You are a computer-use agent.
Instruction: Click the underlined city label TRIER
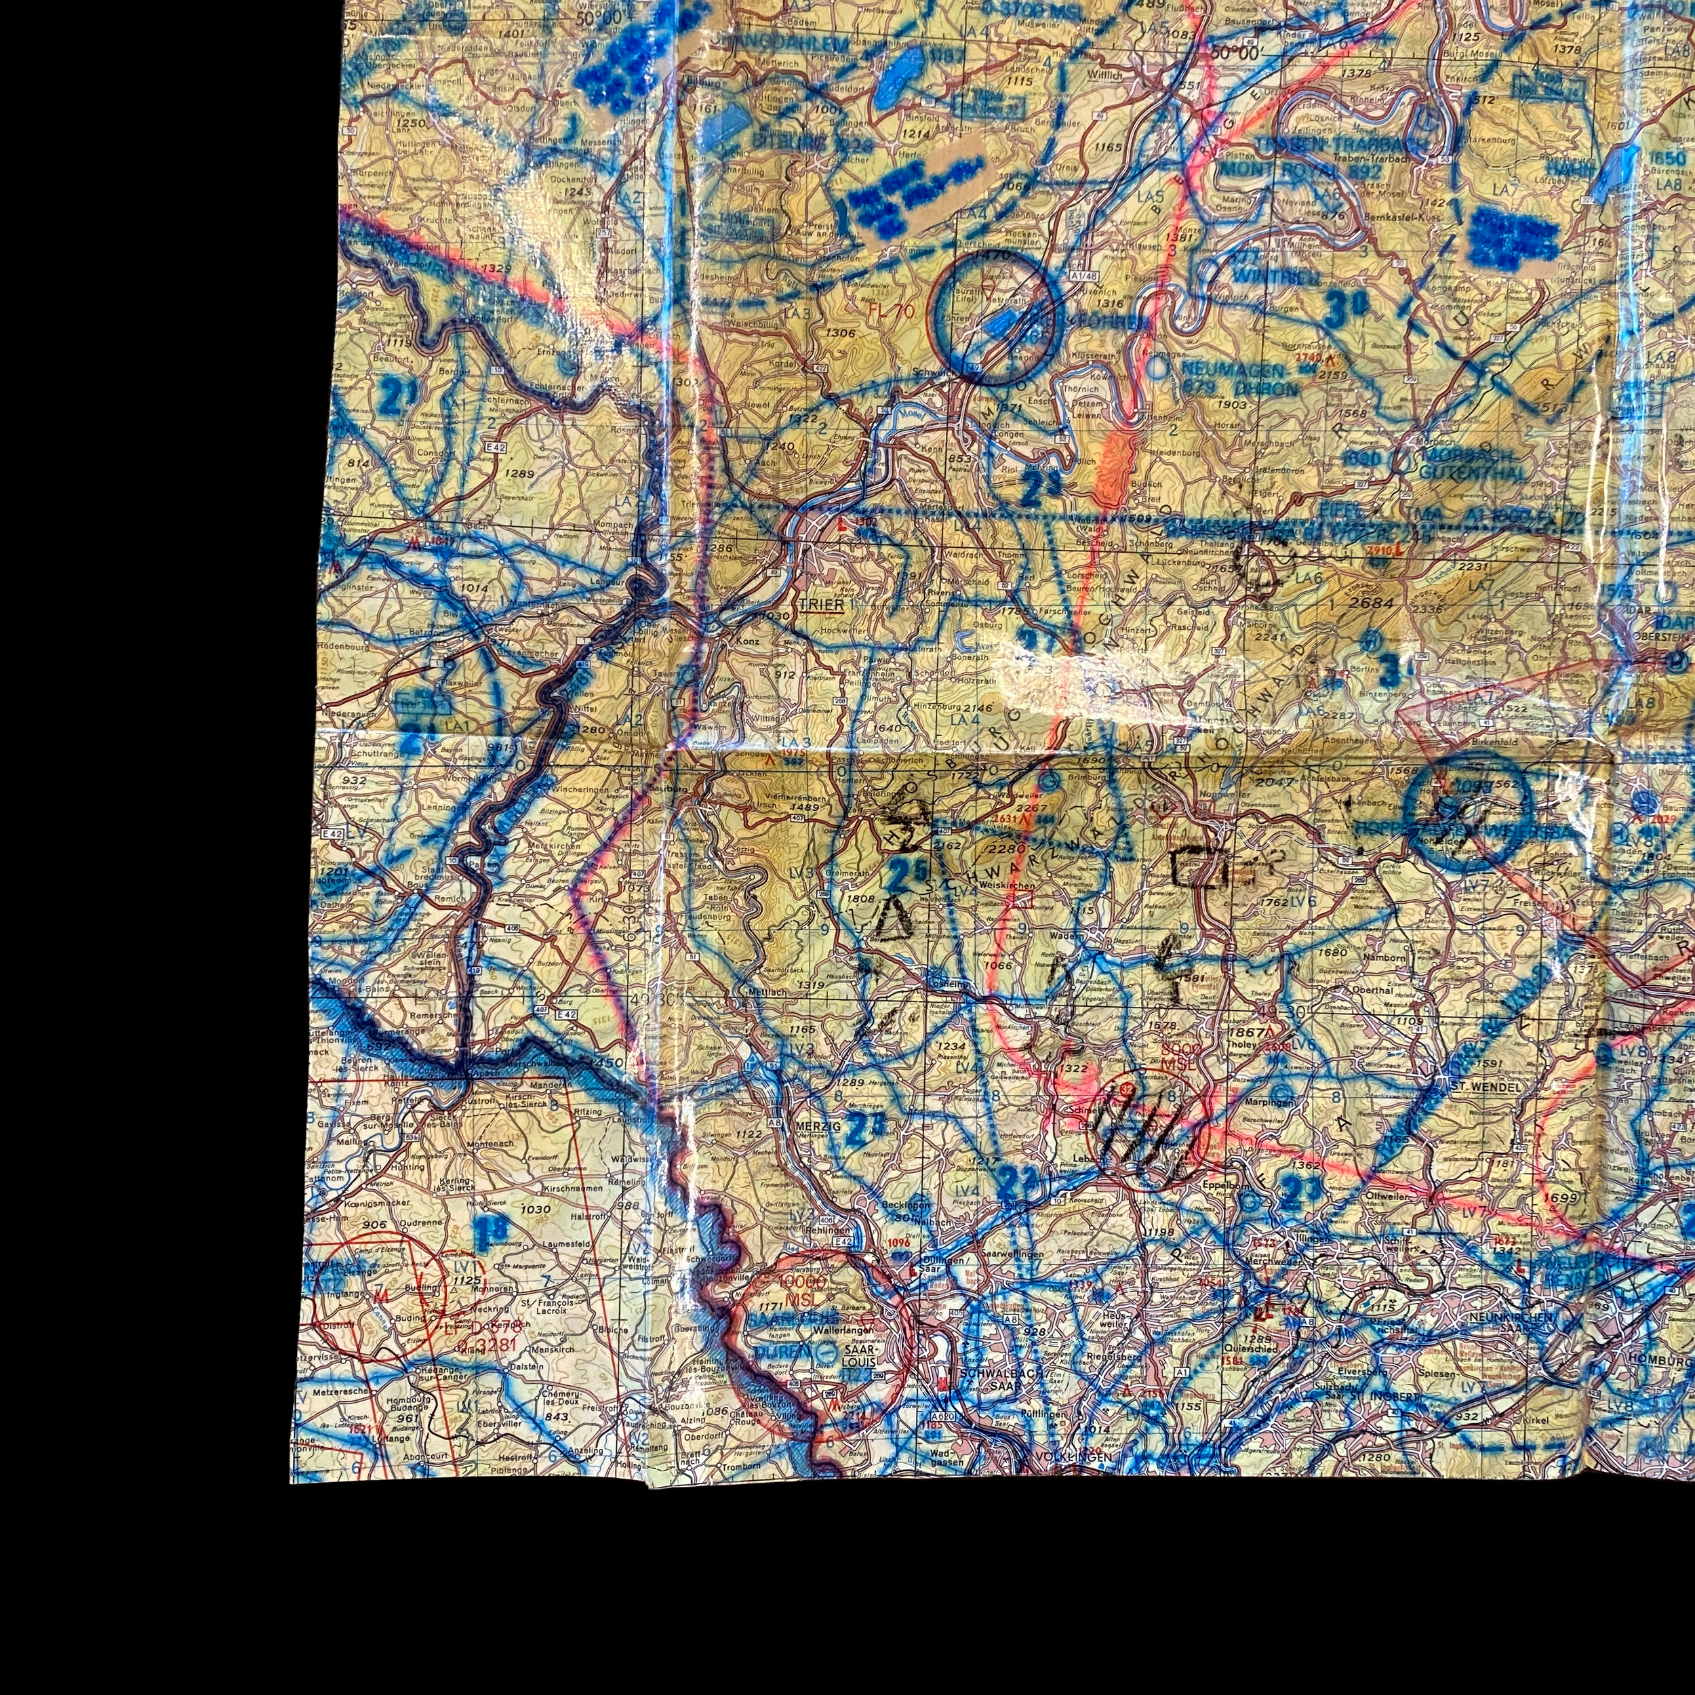pos(821,605)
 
